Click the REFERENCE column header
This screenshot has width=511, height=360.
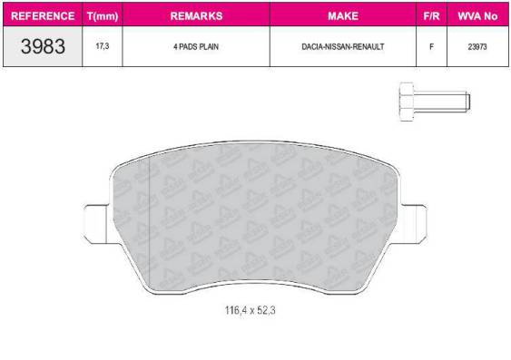point(43,16)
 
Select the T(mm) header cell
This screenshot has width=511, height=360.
point(103,16)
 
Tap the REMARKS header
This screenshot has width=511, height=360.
point(195,16)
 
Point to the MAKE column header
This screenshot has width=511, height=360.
point(342,16)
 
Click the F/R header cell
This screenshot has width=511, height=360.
point(431,16)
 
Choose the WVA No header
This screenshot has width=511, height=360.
point(477,16)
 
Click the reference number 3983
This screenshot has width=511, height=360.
point(43,47)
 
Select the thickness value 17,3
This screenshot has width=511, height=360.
point(103,47)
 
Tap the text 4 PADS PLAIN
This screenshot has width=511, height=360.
point(195,47)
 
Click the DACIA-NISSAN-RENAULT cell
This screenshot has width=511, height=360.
point(342,47)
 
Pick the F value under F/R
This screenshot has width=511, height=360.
point(431,47)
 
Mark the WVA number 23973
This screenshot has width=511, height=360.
point(477,47)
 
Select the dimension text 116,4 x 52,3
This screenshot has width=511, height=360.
point(251,310)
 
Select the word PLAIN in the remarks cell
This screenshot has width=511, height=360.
point(208,47)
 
